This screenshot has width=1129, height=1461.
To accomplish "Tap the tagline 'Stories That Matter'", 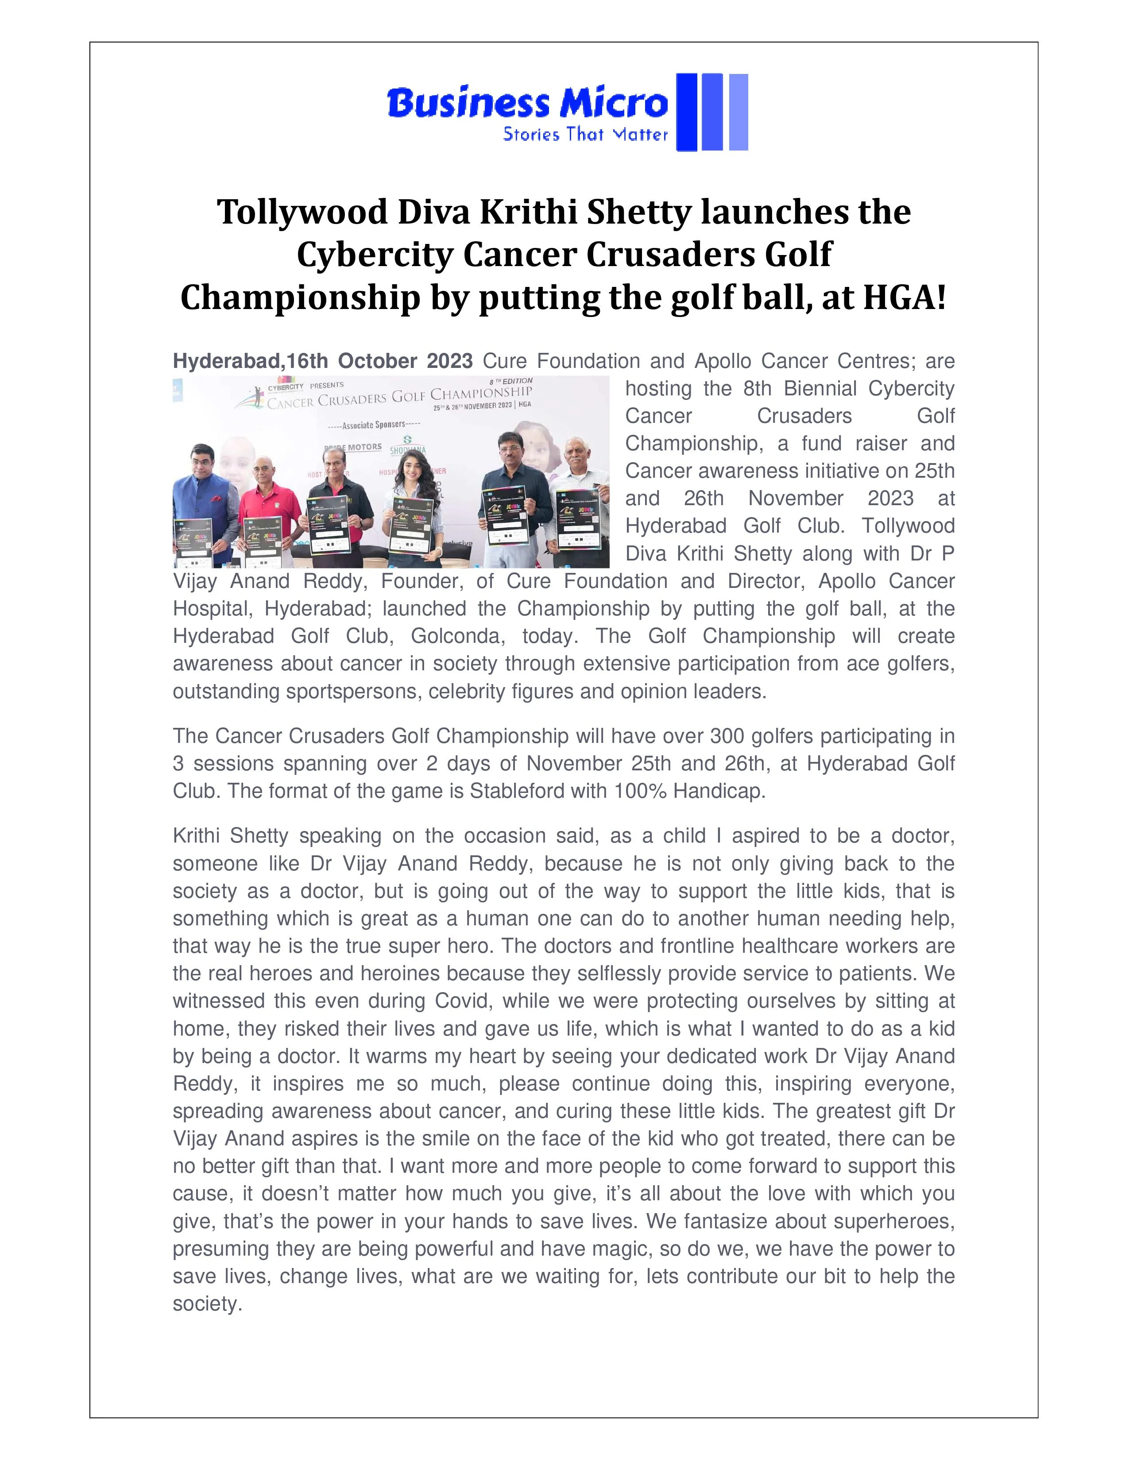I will [585, 135].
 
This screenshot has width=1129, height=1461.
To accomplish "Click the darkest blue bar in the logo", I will [686, 112].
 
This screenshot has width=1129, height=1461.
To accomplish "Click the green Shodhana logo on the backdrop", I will [408, 445].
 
